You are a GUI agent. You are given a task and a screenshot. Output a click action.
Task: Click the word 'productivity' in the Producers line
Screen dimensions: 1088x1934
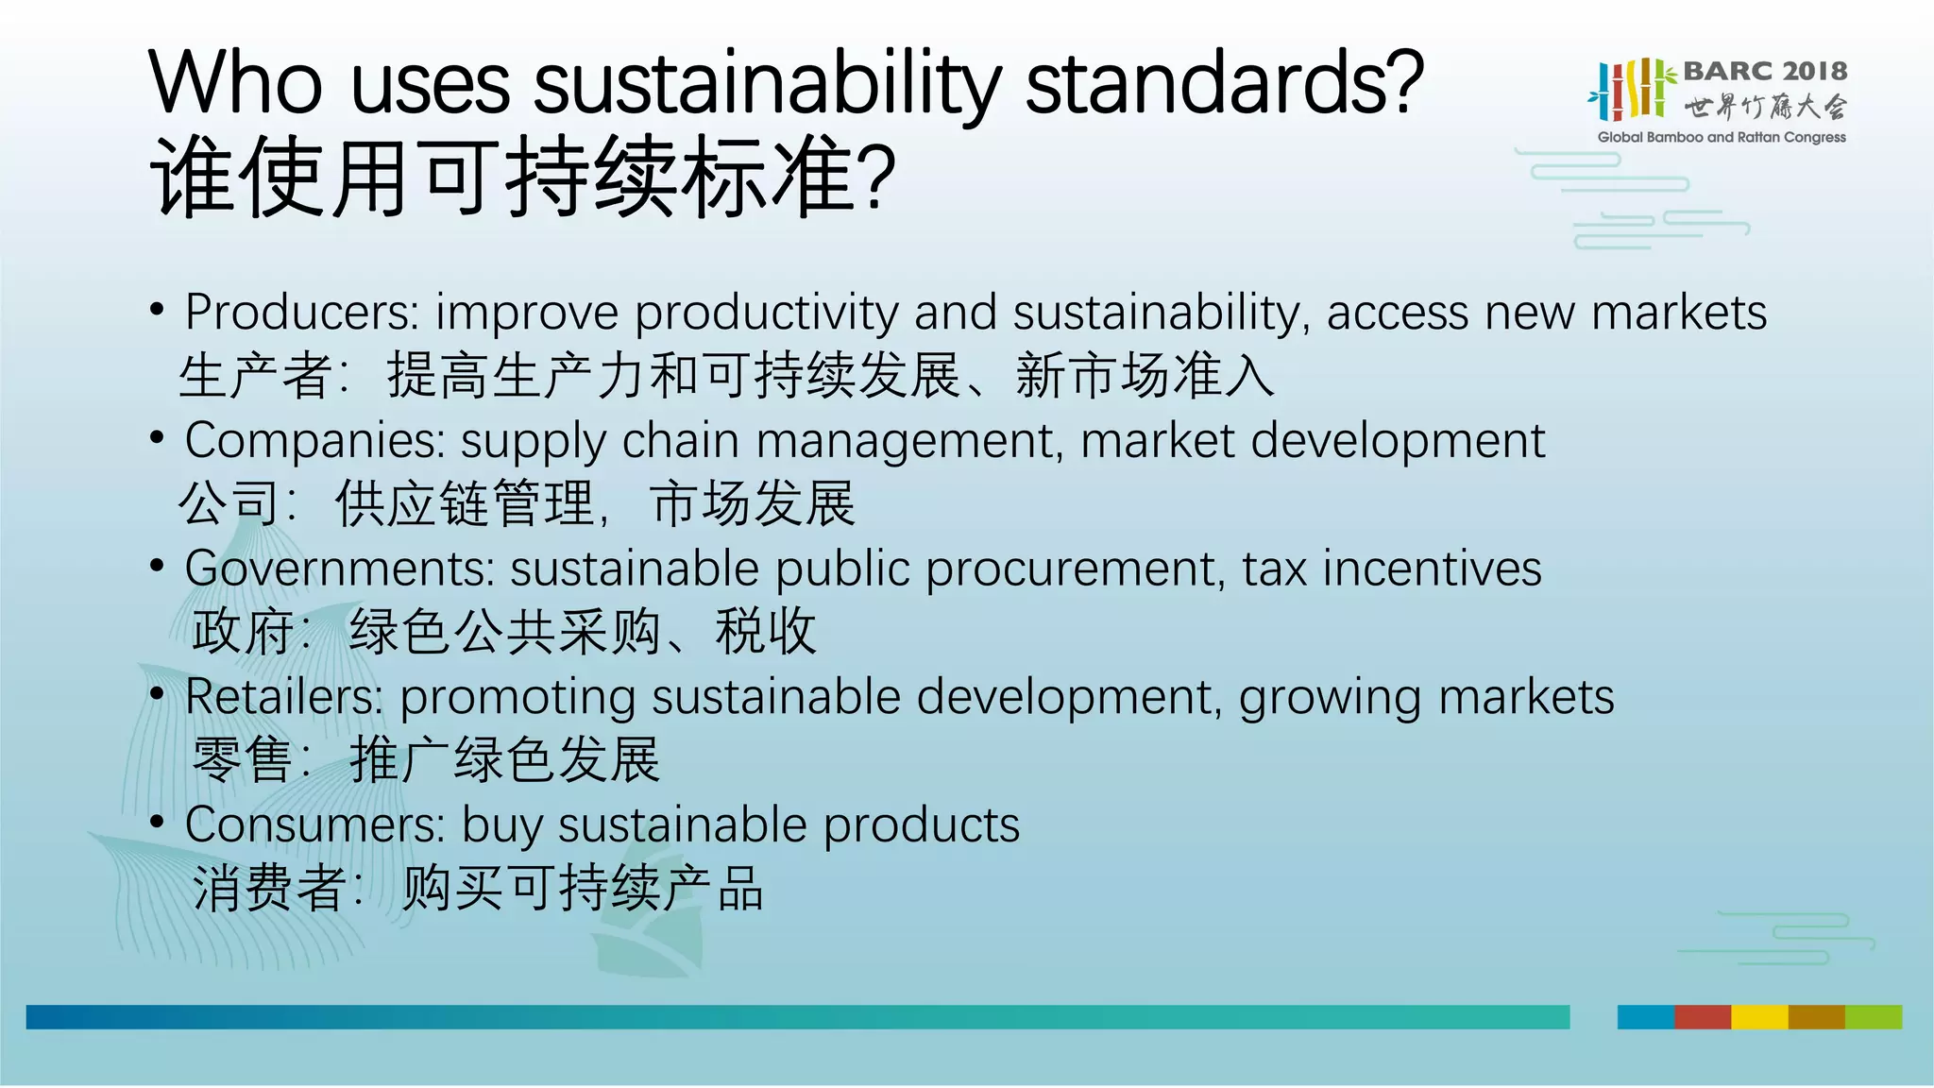(x=766, y=314)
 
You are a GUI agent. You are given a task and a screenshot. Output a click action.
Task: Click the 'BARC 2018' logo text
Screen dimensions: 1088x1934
(x=1765, y=71)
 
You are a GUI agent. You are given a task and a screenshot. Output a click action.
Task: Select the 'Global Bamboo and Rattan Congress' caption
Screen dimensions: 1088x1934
(x=1722, y=137)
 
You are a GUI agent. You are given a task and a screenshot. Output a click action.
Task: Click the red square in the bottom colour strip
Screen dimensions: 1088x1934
(x=1703, y=1017)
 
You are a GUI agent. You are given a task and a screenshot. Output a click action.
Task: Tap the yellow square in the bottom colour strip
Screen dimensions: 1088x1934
(x=1759, y=1017)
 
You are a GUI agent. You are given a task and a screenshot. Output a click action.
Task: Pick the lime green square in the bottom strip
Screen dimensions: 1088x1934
(x=1874, y=1017)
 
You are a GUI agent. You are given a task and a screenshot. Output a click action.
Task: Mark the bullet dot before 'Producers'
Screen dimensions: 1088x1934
(x=158, y=310)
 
